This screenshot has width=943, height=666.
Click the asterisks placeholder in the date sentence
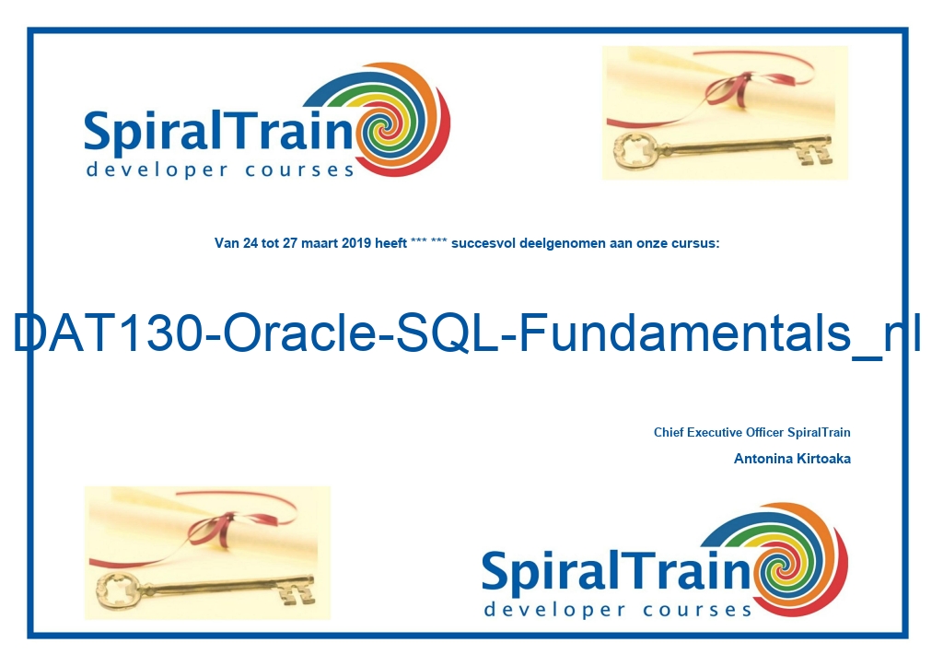[x=429, y=242]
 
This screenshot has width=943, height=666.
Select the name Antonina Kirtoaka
[x=792, y=459]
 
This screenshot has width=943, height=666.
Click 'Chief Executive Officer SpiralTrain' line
[x=751, y=432]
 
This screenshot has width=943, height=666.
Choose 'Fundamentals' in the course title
[x=684, y=333]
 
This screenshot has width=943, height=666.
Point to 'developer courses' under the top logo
[x=220, y=169]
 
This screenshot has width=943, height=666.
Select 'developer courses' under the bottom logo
[x=618, y=610]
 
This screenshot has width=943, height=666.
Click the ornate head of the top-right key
[x=635, y=149]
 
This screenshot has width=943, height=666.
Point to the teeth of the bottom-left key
[x=297, y=592]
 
